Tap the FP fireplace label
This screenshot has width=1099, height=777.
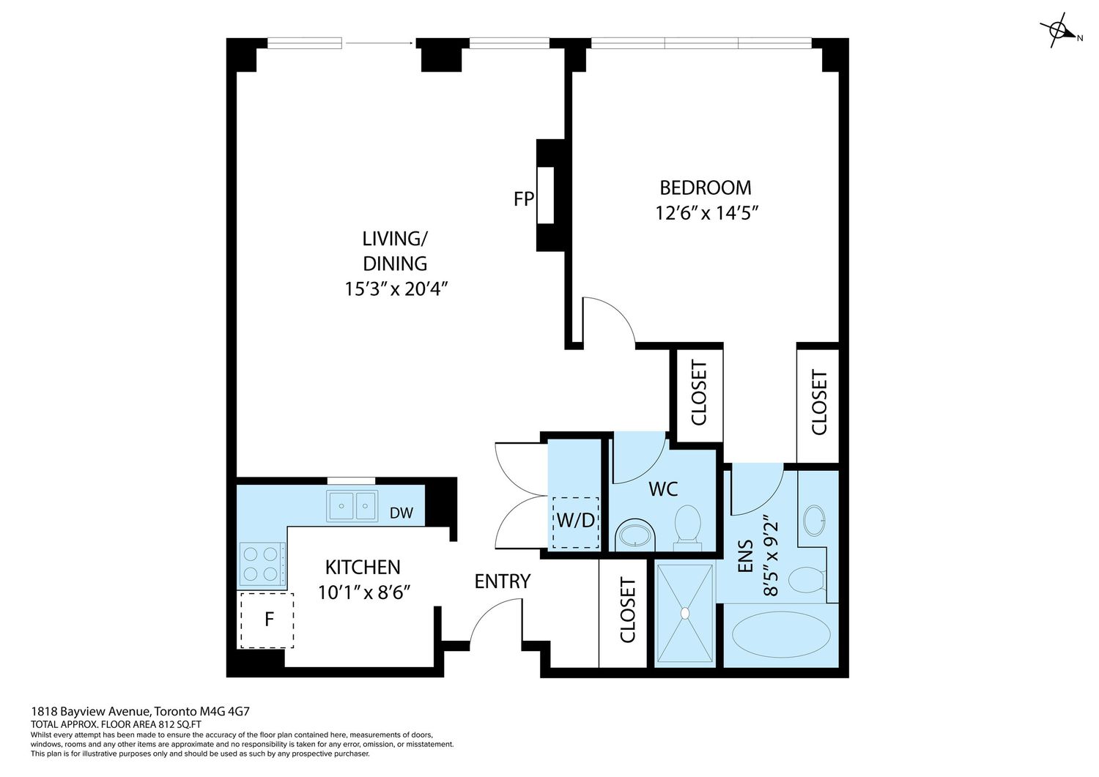524,198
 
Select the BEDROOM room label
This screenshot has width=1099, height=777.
705,188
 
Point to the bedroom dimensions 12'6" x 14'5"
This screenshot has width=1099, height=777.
707,213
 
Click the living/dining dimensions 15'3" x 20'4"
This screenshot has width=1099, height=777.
396,289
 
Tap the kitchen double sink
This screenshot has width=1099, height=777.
352,506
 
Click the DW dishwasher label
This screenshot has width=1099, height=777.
401,513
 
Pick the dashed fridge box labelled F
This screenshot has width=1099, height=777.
267,620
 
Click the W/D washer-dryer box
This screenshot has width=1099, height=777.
575,522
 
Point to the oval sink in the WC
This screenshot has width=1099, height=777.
635,535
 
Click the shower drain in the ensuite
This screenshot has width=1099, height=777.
685,613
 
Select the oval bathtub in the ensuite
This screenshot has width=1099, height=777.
781,633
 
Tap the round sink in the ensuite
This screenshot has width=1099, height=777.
815,520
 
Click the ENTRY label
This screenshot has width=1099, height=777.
503,581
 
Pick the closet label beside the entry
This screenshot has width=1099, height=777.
628,610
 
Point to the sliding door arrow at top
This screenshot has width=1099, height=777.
380,43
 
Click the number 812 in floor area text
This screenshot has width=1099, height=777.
167,724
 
